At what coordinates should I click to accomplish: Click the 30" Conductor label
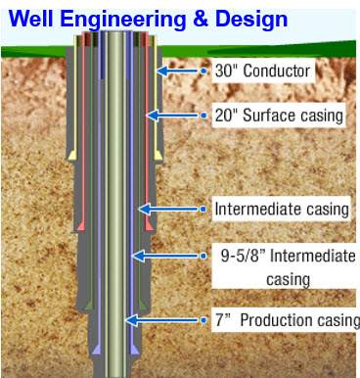click(x=262, y=71)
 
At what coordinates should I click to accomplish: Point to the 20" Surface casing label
click(x=279, y=116)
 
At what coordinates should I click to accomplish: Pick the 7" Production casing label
click(x=288, y=320)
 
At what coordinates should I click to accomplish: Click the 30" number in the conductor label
click(x=226, y=71)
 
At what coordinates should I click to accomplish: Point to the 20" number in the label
click(x=226, y=116)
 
